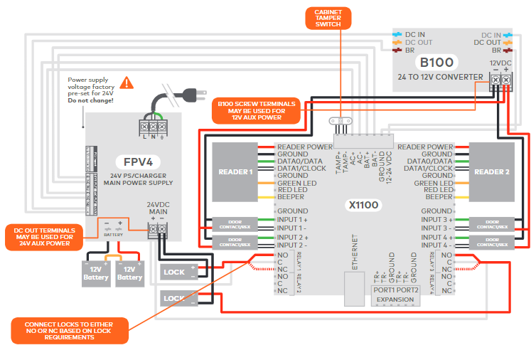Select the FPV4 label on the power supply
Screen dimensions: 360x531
[133, 162]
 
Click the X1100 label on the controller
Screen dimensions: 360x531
[364, 205]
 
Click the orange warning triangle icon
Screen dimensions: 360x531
[127, 83]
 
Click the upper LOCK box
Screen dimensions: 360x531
[174, 272]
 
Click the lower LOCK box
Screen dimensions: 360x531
[174, 298]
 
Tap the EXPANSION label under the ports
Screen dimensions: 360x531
[395, 300]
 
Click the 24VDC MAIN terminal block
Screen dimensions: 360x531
[156, 228]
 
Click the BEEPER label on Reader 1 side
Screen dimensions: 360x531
[293, 197]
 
